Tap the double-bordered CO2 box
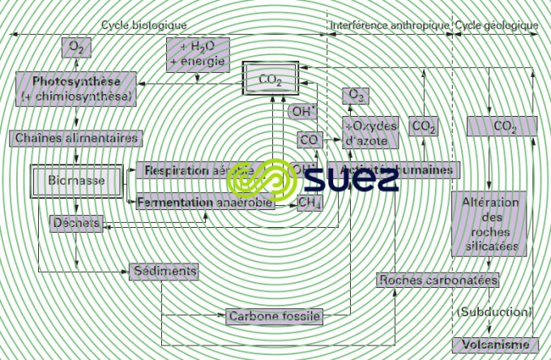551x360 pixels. pos(269,79)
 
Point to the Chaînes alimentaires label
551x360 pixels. pos(77,138)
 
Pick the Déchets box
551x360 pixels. pos(75,222)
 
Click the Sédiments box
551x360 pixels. pos(163,270)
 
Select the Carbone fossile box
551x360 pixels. pos(275,315)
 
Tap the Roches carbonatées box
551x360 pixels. pos(438,280)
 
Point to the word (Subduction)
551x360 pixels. pos(494,311)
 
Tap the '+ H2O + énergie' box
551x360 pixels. pos(197,54)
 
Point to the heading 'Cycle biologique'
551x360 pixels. pos(143,26)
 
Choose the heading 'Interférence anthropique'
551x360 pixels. pos(389,26)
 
